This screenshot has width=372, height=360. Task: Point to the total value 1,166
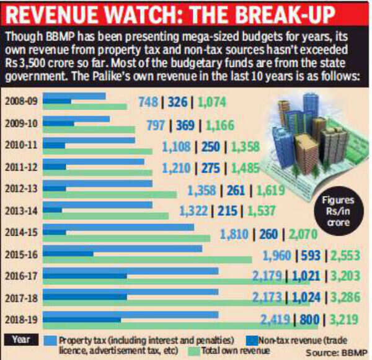tap(220, 125)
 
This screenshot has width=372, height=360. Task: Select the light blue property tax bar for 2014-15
tap(118, 227)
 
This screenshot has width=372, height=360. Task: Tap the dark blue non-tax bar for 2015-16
tap(68, 254)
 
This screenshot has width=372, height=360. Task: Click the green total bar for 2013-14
tap(106, 216)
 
